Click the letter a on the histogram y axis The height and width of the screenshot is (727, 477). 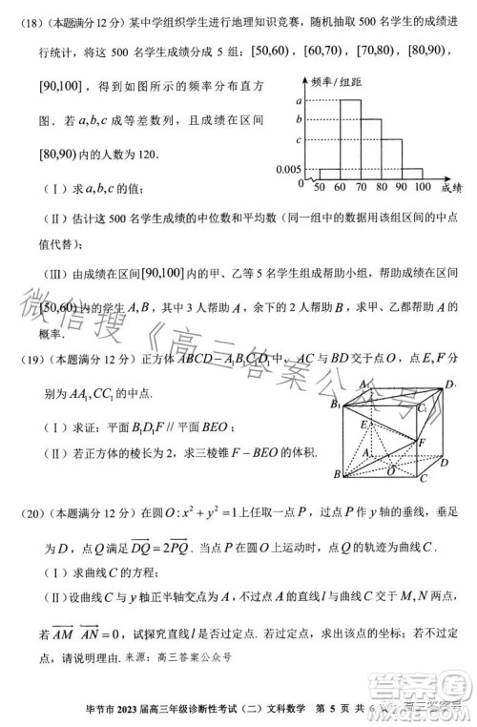[x=299, y=101]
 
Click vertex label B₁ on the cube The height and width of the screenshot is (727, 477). [x=335, y=404]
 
